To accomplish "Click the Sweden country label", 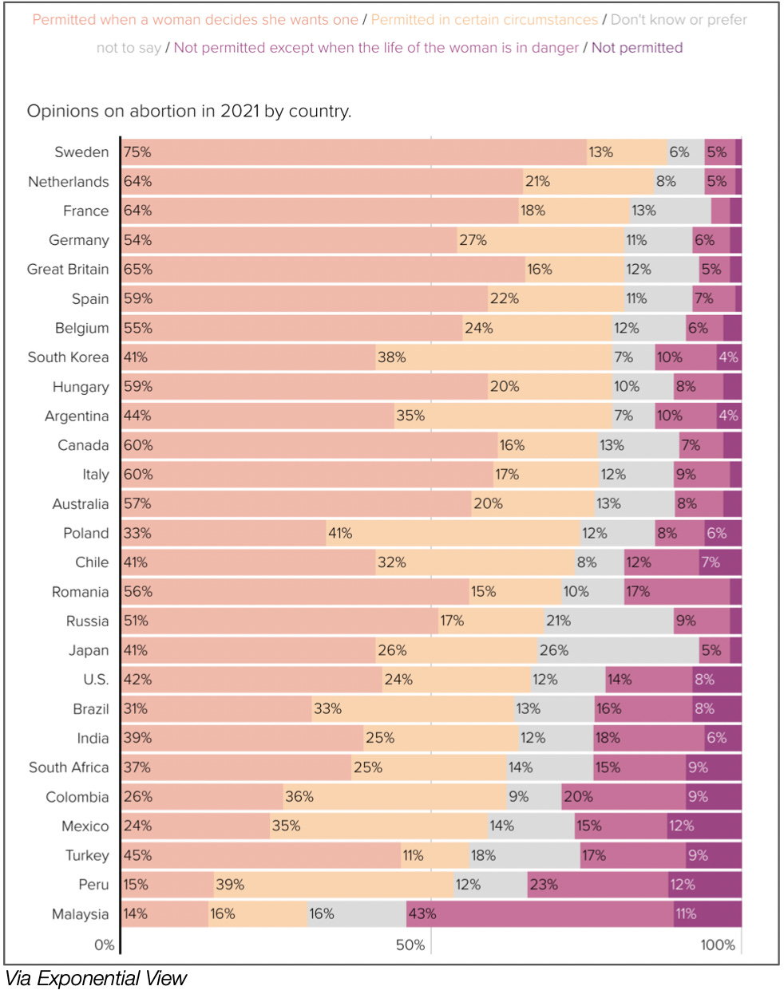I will (81, 152).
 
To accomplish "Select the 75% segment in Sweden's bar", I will (354, 152).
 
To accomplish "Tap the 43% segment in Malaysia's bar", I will (540, 913).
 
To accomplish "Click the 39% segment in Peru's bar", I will (334, 884).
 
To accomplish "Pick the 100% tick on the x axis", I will (718, 945).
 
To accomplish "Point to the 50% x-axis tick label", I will (410, 945).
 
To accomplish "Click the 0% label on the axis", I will (105, 945).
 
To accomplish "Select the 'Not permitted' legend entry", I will (637, 48).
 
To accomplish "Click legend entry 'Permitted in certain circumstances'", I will (484, 19).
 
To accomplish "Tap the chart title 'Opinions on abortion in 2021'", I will (189, 111).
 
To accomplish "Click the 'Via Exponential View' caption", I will (96, 978).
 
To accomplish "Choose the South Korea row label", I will (68, 357).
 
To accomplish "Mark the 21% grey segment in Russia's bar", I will (608, 621).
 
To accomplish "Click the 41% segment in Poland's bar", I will (453, 533).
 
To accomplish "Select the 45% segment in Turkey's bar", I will (261, 855).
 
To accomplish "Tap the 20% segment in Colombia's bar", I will (624, 796).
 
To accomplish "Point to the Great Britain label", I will (68, 269).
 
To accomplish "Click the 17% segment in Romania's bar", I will (676, 591).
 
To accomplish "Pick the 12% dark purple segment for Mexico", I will (704, 826).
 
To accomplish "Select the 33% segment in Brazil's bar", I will (413, 708).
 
